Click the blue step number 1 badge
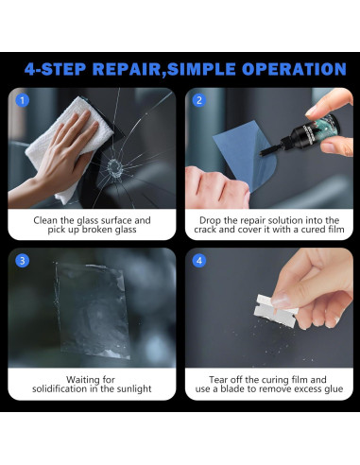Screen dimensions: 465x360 [x=24, y=100]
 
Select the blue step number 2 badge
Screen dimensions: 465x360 [x=199, y=100]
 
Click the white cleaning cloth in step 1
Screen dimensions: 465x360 [x=66, y=146]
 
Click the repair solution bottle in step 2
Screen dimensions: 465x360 [x=293, y=133]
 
